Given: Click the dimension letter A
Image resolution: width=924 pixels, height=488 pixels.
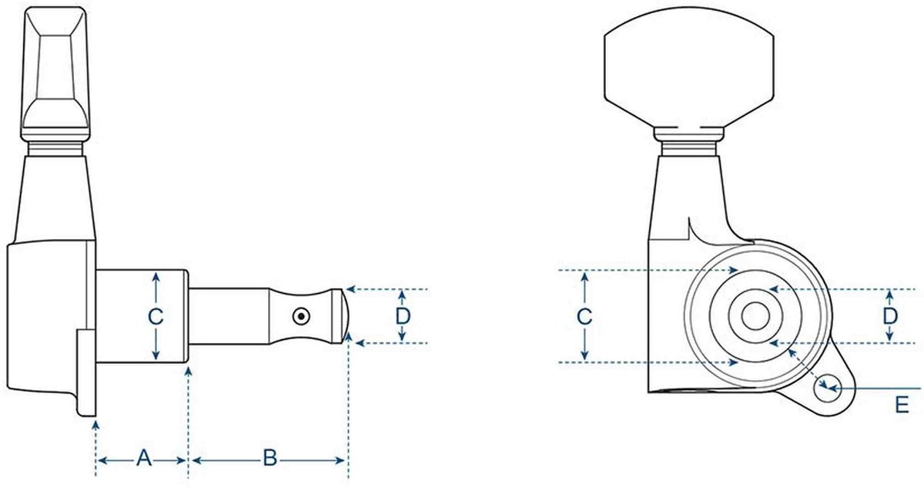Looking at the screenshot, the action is [144, 458].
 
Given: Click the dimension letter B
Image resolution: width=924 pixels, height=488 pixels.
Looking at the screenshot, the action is [270, 458].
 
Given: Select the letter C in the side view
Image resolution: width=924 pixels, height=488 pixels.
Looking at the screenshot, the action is [156, 317].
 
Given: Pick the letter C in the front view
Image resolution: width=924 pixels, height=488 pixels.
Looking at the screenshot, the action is [584, 317].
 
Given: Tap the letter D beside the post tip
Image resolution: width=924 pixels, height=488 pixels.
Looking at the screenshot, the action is [403, 317].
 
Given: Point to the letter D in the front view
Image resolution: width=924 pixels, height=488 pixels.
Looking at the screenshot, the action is [890, 317].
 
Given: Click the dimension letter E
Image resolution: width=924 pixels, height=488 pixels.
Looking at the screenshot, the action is [902, 405].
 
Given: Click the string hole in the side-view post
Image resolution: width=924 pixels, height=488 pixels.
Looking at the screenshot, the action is [301, 317].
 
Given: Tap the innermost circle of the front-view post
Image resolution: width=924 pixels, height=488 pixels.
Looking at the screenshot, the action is [755, 316].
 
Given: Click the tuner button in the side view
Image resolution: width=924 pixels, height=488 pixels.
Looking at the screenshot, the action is [55, 73].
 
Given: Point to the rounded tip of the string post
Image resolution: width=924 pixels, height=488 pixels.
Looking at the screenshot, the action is [346, 316].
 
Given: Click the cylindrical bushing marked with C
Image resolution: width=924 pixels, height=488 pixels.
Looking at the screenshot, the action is [142, 316].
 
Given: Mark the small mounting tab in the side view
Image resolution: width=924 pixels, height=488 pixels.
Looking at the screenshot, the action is [86, 373].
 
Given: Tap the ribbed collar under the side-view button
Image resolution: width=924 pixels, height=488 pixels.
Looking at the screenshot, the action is [55, 149].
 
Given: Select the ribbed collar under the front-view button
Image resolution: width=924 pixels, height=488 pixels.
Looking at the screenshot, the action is [689, 149].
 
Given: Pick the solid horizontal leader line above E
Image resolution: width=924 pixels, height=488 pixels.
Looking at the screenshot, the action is [875, 389].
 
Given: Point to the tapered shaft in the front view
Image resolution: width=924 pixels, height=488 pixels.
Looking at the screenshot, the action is [689, 197].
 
